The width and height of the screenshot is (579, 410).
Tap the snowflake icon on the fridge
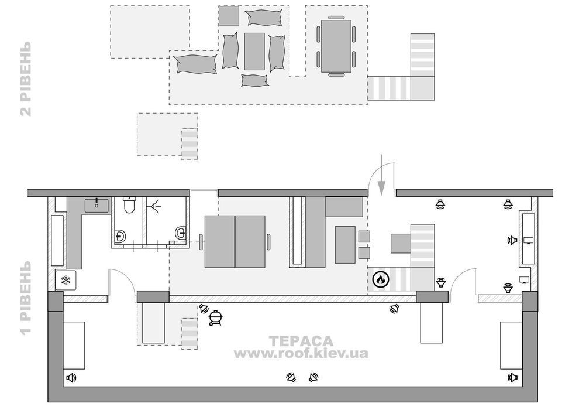point(66,280)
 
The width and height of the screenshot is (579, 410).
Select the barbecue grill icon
point(215,318)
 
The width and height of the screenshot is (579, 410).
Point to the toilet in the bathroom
point(129,205)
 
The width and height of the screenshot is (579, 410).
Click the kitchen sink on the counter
point(96,206)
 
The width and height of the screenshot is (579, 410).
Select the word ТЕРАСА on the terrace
point(301,341)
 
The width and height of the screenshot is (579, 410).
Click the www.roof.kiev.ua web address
point(301,353)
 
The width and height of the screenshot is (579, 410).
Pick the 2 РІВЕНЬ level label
point(26,79)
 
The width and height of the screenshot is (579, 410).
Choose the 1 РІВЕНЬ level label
point(26,298)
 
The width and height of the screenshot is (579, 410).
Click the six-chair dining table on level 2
point(336,46)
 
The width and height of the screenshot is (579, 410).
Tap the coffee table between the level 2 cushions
point(254,52)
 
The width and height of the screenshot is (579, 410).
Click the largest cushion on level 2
point(195,64)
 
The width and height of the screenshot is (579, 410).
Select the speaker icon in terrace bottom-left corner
point(71,378)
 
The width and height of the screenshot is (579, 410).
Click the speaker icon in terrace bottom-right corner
point(512,377)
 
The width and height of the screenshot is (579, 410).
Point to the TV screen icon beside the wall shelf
point(529,241)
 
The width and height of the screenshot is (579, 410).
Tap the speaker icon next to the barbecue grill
point(204,308)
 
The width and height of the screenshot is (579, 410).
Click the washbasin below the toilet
point(120,235)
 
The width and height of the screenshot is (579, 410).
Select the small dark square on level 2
point(229,16)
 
